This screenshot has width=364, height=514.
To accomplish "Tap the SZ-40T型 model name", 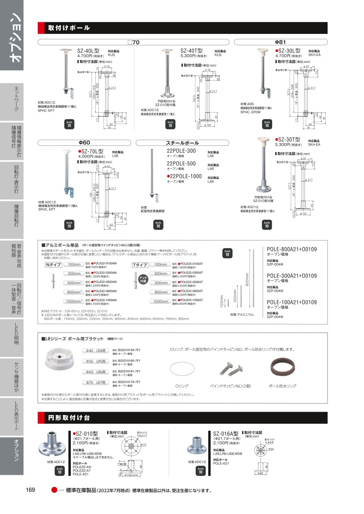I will point(191,51).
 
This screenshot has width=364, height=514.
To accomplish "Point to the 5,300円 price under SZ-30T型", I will point(286,144).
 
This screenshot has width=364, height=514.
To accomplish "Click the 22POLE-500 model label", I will point(181,163).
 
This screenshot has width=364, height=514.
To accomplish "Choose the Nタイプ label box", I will point(53,265).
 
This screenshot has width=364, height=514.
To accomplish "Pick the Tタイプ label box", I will point(141,265).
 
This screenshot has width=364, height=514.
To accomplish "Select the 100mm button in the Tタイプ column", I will point(160,265).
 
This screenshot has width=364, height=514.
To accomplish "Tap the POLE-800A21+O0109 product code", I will point(292,249).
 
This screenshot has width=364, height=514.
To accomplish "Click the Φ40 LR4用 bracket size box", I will point(96,350).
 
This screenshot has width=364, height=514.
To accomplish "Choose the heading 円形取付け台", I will point(69,417).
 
